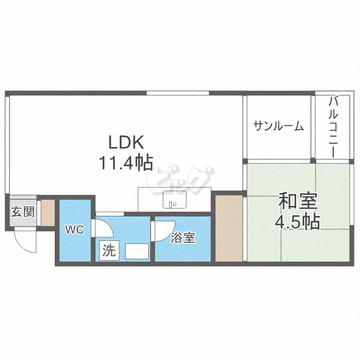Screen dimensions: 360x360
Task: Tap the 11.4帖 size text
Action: tap(126, 163)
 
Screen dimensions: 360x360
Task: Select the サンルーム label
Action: tap(279, 126)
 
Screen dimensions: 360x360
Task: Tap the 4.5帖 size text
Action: tap(297, 222)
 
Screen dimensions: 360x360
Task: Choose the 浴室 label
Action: tap(183, 238)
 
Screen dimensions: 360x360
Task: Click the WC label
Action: tap(75, 230)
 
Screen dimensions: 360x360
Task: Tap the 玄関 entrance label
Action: tap(23, 212)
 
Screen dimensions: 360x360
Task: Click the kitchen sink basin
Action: tap(175, 200)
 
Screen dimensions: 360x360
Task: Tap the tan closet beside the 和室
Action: tap(228, 228)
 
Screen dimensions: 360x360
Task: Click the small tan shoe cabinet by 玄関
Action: tap(48, 212)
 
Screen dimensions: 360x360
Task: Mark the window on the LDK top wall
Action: tap(178, 93)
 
